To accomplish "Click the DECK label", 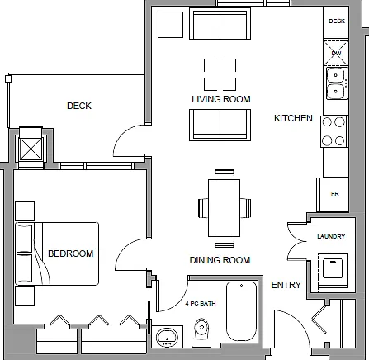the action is [x=79, y=106].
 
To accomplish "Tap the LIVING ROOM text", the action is [x=221, y=99].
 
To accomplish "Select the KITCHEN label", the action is [x=293, y=118].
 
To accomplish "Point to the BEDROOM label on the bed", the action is [x=71, y=253].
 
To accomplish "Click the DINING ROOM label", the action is [x=220, y=260].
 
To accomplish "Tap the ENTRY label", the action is [x=286, y=285].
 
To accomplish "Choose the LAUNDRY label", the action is [x=331, y=236].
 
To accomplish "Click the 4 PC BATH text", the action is [x=201, y=304].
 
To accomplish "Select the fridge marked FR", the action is [x=334, y=195].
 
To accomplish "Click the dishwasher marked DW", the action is [x=336, y=53].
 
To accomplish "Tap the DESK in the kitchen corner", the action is [x=336, y=22].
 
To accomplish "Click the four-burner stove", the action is [x=334, y=131].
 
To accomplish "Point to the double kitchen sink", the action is [x=335, y=83].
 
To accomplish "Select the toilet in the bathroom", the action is [x=201, y=333].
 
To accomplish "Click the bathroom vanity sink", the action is [x=168, y=337].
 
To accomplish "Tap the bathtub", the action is [x=241, y=311].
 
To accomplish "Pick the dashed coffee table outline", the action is [x=220, y=74].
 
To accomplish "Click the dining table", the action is [x=224, y=208].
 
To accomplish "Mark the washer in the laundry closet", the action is [x=333, y=270].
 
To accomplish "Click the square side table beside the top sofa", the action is [x=170, y=25].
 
